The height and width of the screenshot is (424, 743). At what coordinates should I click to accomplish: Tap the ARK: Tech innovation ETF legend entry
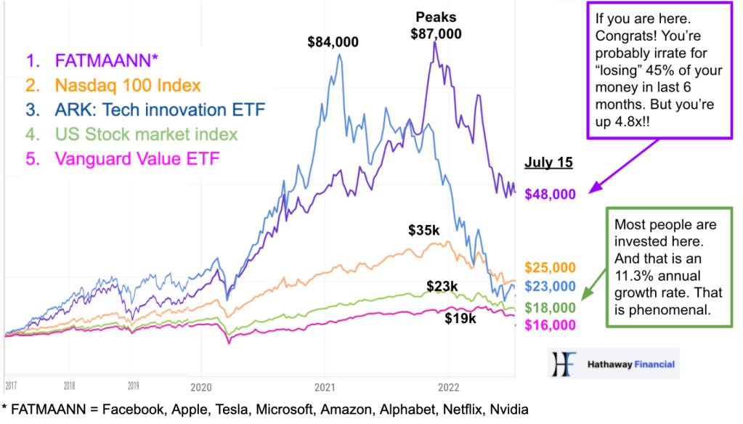[137, 110]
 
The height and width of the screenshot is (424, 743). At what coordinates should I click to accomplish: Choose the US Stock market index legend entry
[131, 134]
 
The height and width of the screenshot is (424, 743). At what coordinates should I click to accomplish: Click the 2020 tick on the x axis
[200, 387]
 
